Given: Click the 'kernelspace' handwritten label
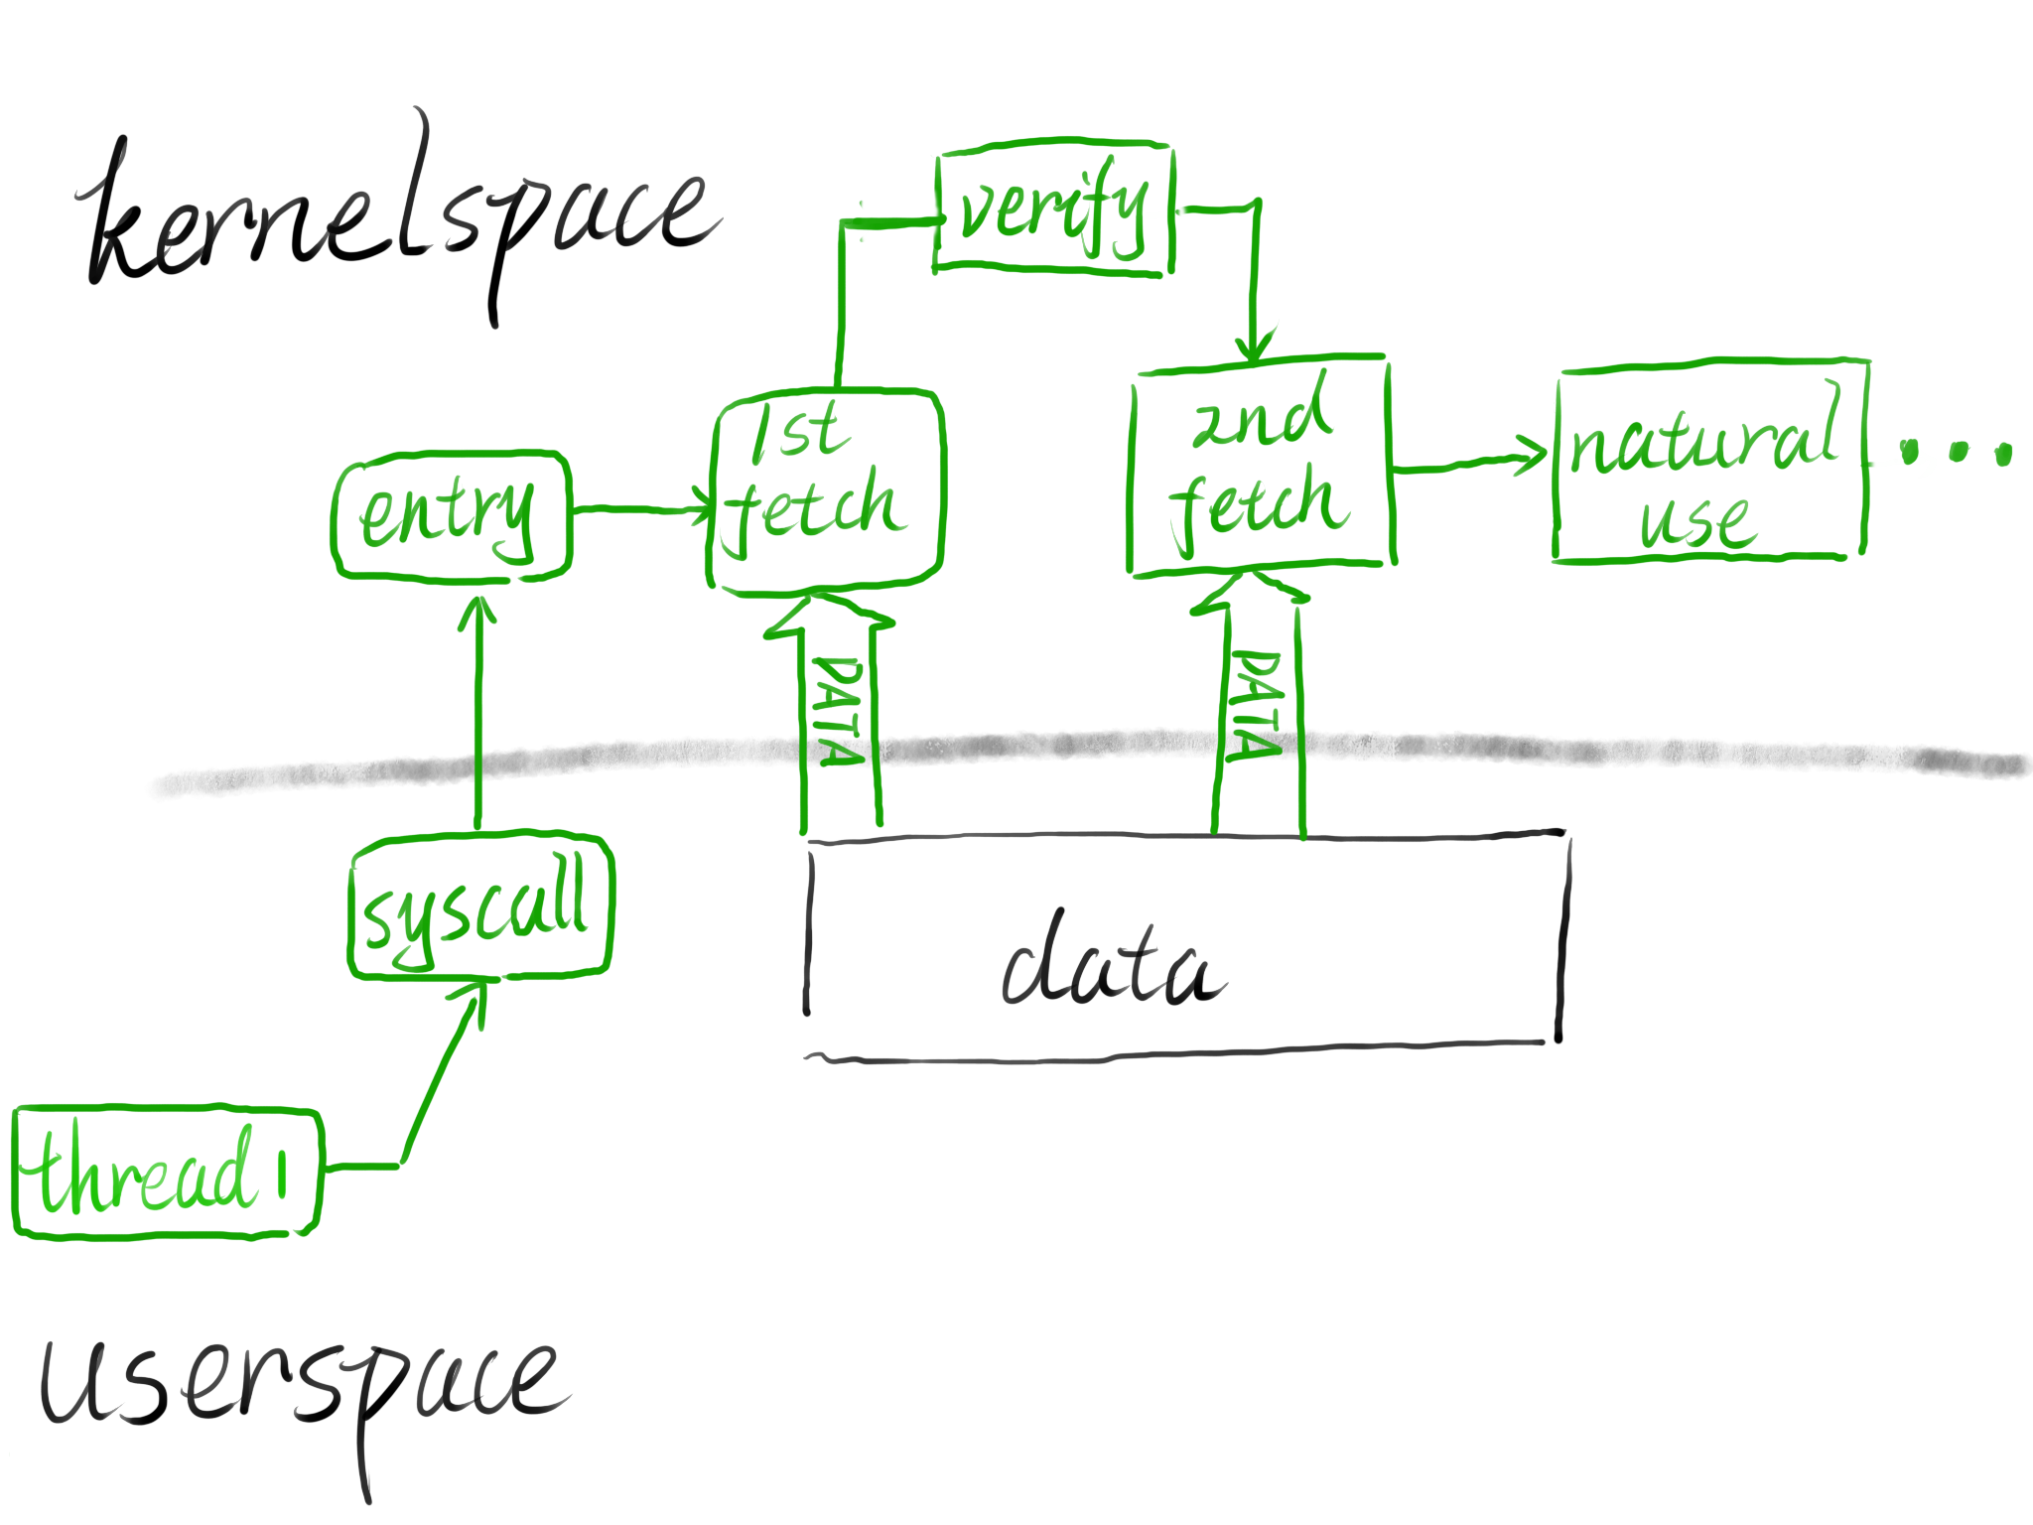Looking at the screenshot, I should (x=397, y=218).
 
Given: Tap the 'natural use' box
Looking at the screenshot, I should (x=1707, y=462).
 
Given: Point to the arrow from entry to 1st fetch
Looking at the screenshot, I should (x=640, y=510).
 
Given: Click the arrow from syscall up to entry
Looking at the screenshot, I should (x=478, y=715).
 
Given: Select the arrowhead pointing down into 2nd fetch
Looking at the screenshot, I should (x=1254, y=347).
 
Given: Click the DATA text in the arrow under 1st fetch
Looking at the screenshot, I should (x=838, y=710).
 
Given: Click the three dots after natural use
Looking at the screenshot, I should (x=1956, y=453).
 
